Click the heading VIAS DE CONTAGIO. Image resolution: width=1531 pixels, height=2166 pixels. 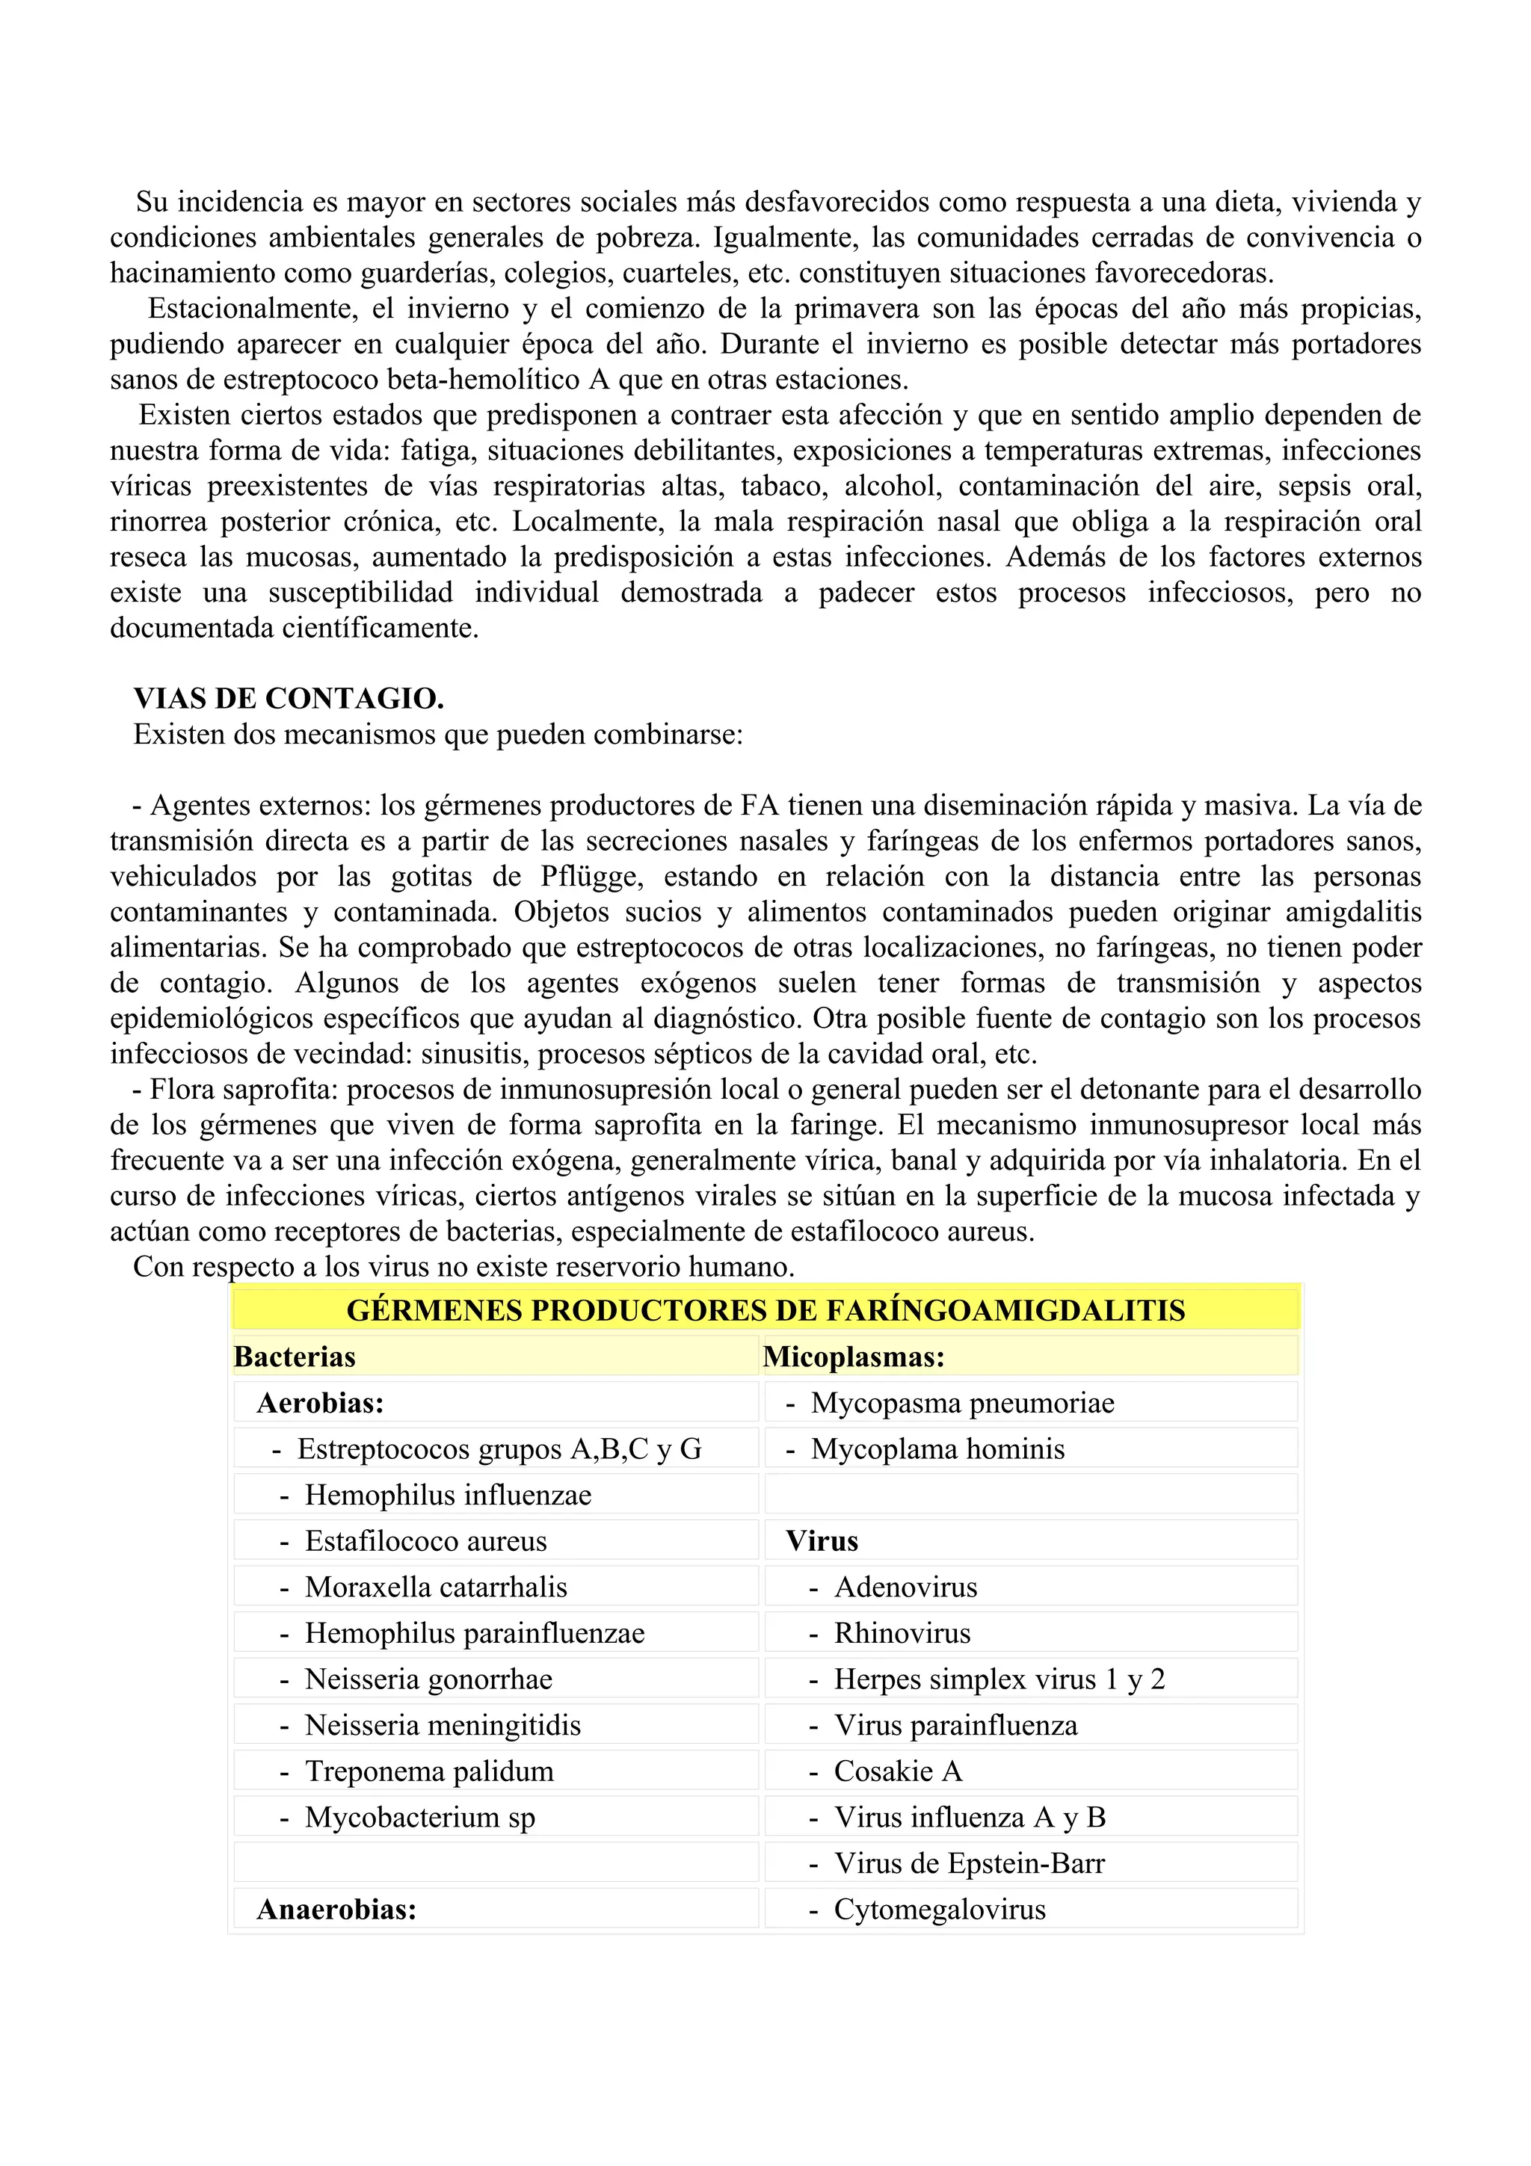pos(289,699)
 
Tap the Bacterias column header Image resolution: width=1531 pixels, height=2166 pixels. pos(295,1357)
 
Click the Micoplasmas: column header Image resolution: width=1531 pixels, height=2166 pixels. pos(854,1357)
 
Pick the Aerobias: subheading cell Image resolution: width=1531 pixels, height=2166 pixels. pos(321,1403)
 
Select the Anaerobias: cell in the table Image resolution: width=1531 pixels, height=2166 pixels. pos(336,1910)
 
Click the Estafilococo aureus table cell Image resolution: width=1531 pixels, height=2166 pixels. pos(425,1540)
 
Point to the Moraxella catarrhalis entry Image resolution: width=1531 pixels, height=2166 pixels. pos(436,1587)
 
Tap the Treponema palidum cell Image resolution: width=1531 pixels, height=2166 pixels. pos(429,1771)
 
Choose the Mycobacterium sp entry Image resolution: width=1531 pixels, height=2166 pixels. pos(420,1817)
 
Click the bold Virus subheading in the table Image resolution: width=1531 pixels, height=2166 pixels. pos(822,1540)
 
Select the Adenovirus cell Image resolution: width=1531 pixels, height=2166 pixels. pos(905,1587)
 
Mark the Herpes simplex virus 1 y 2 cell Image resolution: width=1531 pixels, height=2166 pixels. pos(999,1679)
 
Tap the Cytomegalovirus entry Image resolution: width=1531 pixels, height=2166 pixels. pos(940,1910)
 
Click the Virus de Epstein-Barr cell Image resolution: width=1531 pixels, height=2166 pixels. pos(969,1863)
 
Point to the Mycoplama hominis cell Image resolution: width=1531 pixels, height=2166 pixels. pos(937,1449)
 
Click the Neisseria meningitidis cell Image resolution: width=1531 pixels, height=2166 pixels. pos(443,1726)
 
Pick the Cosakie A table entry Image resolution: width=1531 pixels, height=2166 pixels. pos(898,1771)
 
